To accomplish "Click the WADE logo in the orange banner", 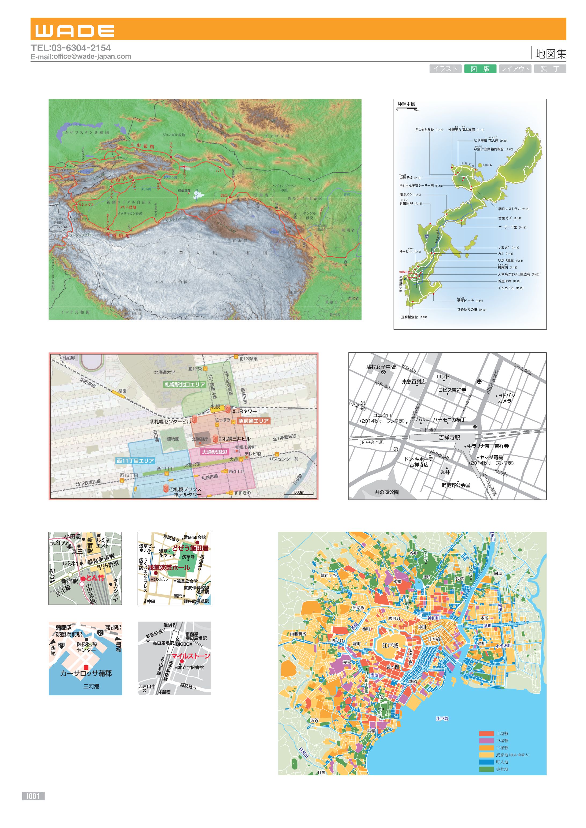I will (75, 31).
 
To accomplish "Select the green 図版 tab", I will (480, 69).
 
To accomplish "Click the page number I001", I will (33, 796).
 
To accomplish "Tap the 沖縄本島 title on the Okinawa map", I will (406, 104).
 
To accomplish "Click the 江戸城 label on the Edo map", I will (390, 645).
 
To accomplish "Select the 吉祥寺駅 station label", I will (449, 437).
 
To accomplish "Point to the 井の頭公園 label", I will (386, 492).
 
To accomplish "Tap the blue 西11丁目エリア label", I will (135, 460).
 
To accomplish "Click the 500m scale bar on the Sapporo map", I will (299, 493).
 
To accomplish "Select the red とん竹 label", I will (95, 577).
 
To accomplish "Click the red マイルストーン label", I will (190, 656).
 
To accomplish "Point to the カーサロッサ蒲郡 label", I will (86, 673).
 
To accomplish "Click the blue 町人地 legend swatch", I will (486, 762).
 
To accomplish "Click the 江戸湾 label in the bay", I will (442, 718).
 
